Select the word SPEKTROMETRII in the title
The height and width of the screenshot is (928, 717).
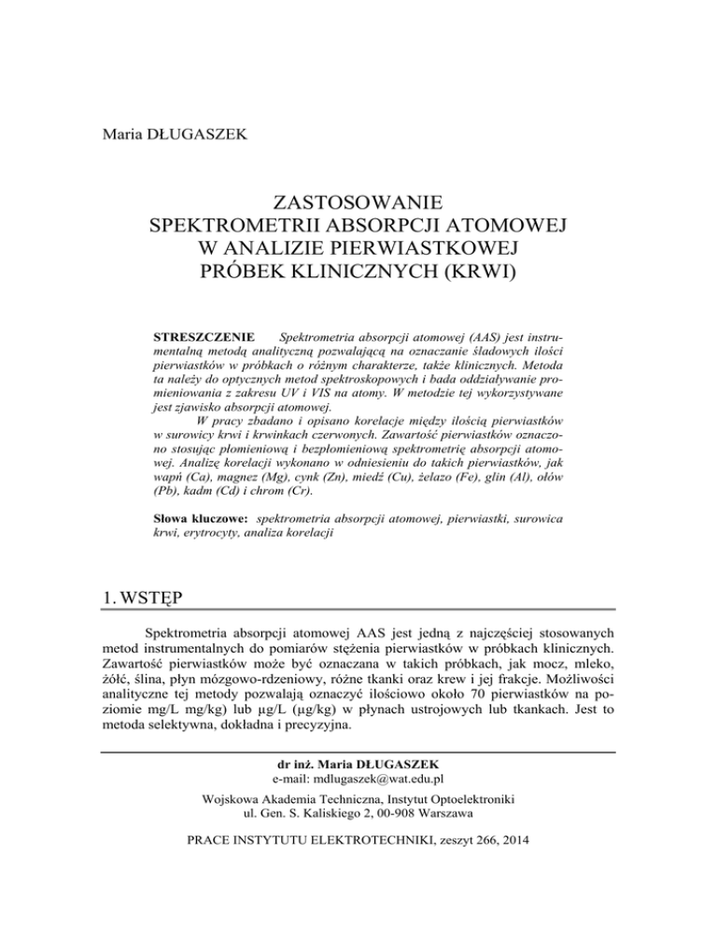tap(249, 225)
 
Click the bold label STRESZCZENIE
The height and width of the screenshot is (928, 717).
tap(198, 333)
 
